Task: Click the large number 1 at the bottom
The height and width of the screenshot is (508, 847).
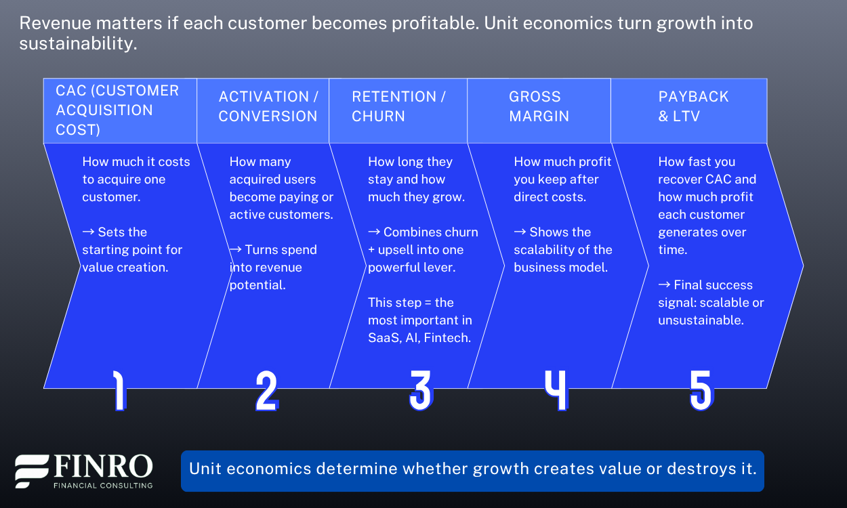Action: [x=119, y=391]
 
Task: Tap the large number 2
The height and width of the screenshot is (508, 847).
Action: [x=266, y=391]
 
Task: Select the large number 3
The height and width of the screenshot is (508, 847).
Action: [x=420, y=391]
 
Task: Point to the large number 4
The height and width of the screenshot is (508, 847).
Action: [x=556, y=391]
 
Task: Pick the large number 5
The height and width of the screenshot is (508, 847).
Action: [x=701, y=391]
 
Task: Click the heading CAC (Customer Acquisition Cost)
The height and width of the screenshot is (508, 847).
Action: [x=117, y=110]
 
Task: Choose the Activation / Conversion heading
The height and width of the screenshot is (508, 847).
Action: [x=268, y=106]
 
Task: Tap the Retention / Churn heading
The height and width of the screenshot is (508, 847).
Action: [x=398, y=106]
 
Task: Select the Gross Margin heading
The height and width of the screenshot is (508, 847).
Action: [x=539, y=106]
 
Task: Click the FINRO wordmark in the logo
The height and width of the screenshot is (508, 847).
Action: [x=103, y=467]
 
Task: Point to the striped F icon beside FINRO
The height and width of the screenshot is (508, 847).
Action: [x=32, y=471]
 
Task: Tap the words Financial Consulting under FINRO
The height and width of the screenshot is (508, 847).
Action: [x=103, y=485]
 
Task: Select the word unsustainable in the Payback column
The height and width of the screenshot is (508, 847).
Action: [x=700, y=320]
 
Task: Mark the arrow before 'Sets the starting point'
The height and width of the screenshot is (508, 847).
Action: [x=88, y=232]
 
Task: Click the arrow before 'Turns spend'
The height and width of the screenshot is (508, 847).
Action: [x=235, y=249]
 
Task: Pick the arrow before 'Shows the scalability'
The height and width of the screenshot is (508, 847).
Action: [x=520, y=232]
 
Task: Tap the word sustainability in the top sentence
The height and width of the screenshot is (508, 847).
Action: [x=78, y=44]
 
